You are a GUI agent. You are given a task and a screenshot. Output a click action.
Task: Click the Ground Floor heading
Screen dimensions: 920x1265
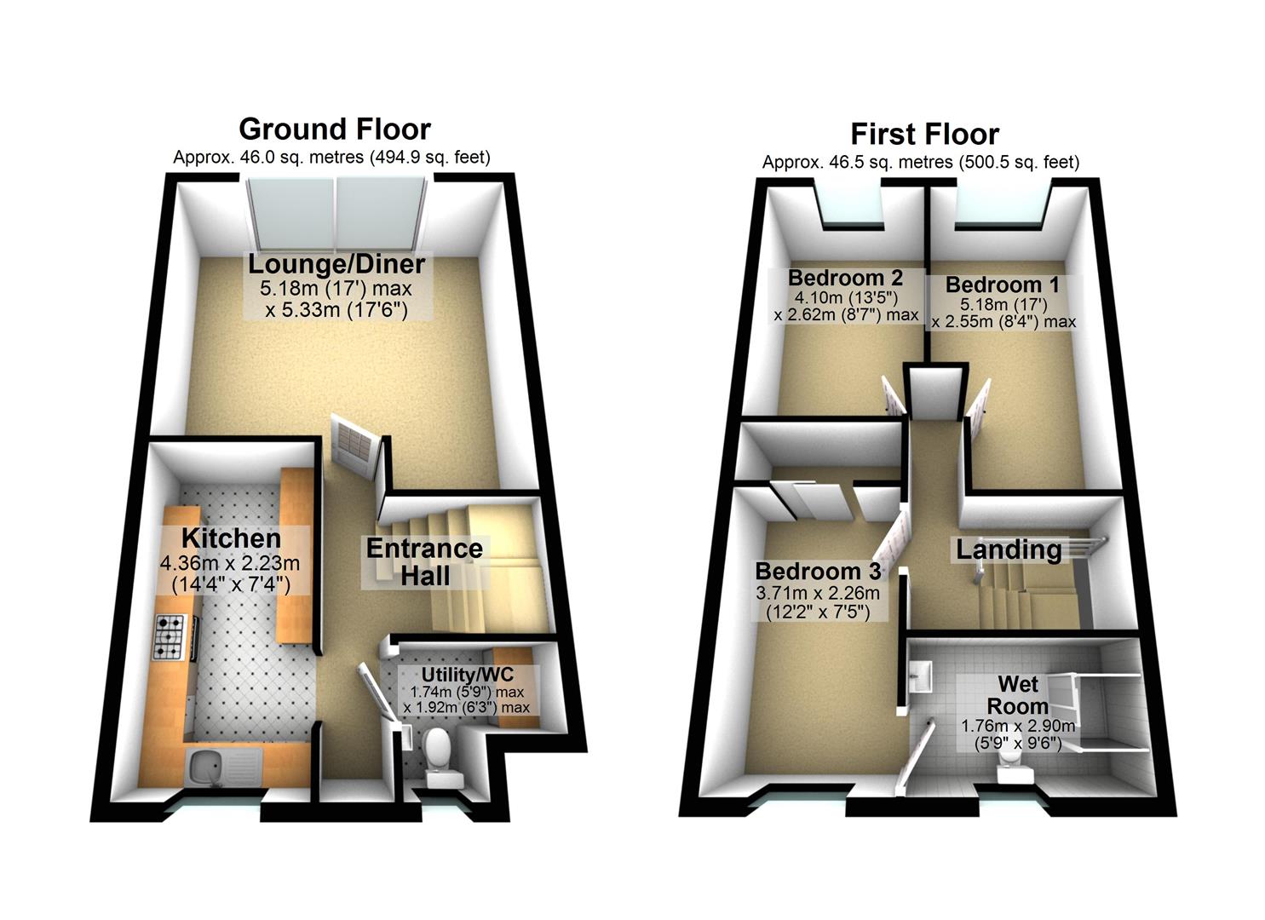click(x=334, y=129)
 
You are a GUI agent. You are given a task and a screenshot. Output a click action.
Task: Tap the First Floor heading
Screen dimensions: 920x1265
click(x=924, y=134)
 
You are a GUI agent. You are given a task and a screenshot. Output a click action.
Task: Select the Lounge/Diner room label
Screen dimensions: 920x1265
click(x=336, y=264)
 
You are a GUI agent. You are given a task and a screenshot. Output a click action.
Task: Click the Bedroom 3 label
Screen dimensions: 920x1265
click(x=818, y=571)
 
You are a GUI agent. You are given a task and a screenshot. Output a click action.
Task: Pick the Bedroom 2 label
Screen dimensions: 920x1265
click(x=845, y=278)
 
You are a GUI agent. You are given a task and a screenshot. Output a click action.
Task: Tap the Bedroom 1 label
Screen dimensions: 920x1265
click(x=1005, y=285)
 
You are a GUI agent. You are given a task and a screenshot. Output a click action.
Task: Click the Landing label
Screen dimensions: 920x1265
click(x=1009, y=549)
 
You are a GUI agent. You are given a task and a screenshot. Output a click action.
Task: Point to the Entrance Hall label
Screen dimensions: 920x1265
click(x=424, y=561)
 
